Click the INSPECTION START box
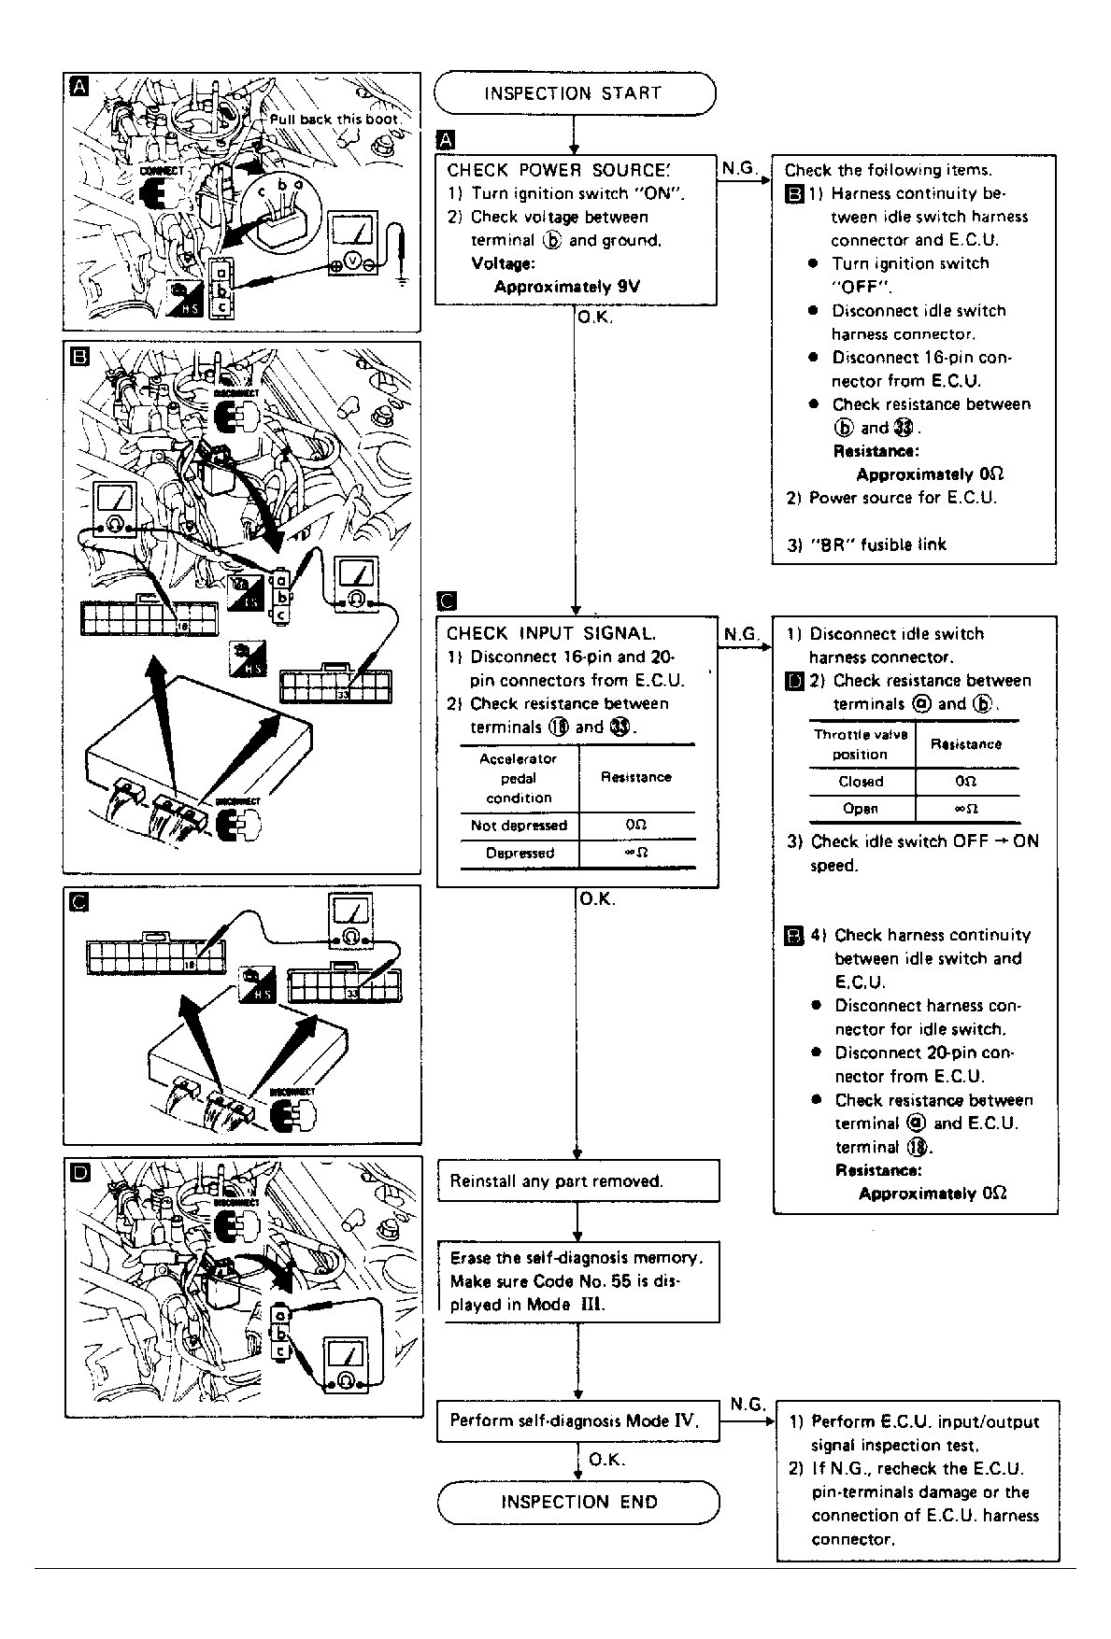[x=574, y=93]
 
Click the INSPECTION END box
[x=578, y=1503]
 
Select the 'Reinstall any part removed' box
[x=577, y=1180]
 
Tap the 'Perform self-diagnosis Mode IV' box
[x=577, y=1420]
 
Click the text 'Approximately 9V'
[x=566, y=287]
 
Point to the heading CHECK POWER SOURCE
[x=558, y=170]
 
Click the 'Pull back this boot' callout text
[x=334, y=120]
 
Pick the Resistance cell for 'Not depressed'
[x=636, y=826]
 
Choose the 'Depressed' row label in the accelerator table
[x=520, y=853]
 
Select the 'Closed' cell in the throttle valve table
[x=861, y=782]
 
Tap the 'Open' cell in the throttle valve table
[x=861, y=809]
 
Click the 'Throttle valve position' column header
[x=860, y=744]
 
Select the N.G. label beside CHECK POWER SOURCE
[x=739, y=169]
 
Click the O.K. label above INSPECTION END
[x=607, y=1460]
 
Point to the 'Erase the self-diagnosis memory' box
[x=577, y=1280]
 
